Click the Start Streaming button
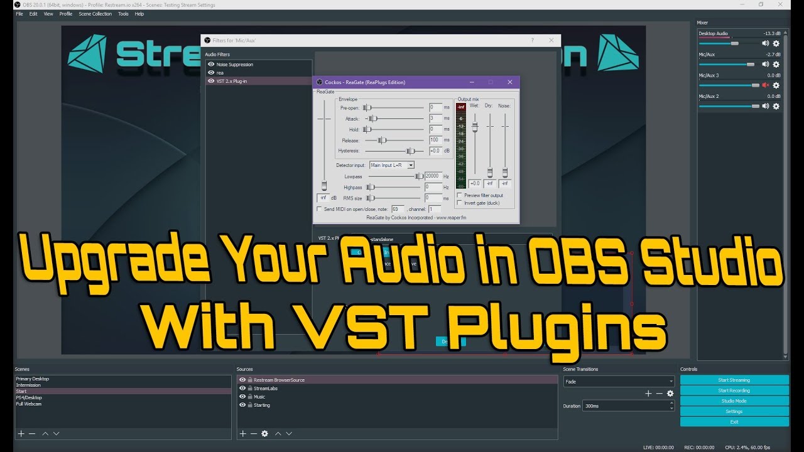[x=734, y=380]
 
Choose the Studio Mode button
[x=734, y=401]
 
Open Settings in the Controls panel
[x=734, y=412]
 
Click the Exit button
[x=734, y=422]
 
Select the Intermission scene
[x=28, y=385]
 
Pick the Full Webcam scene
[x=28, y=404]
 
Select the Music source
[x=259, y=397]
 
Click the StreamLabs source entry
[x=266, y=389]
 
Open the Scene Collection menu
[x=95, y=14]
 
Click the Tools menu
[x=123, y=14]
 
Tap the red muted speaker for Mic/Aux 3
[x=765, y=85]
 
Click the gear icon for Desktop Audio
[x=776, y=43]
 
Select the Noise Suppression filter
[x=234, y=65]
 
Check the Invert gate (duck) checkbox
[x=459, y=203]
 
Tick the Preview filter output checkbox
[x=459, y=195]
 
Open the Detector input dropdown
[x=392, y=165]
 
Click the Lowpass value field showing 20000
[x=433, y=176]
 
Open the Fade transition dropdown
[x=619, y=382]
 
